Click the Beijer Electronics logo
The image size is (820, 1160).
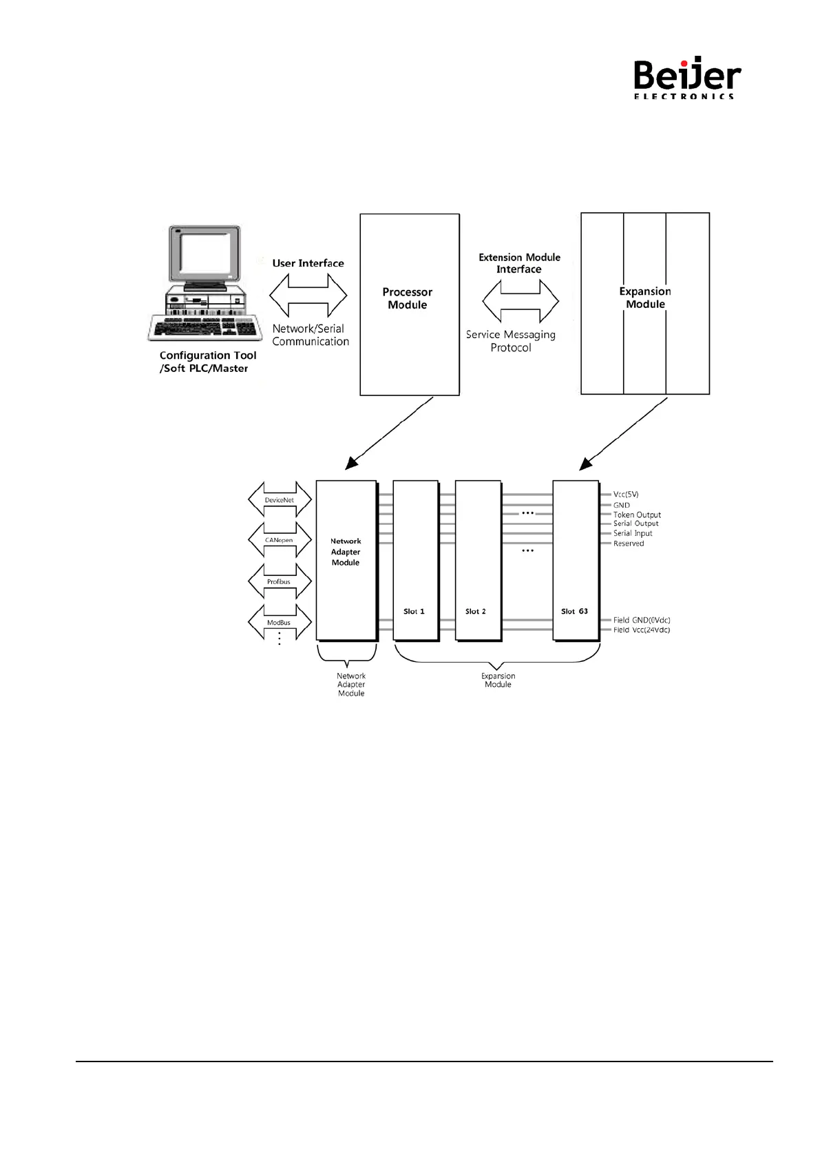pyautogui.click(x=686, y=78)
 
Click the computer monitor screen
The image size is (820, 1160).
pyautogui.click(x=204, y=254)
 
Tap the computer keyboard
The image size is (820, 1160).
pyautogui.click(x=206, y=327)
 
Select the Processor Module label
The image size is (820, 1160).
pyautogui.click(x=408, y=298)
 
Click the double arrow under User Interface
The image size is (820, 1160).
pyautogui.click(x=308, y=296)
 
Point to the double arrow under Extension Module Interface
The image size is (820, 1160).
pyautogui.click(x=521, y=301)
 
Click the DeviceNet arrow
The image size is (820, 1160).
pyautogui.click(x=280, y=499)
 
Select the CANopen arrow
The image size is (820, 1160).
pyautogui.click(x=280, y=540)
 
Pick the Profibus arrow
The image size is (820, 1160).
pyautogui.click(x=280, y=581)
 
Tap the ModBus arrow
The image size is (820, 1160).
pyautogui.click(x=280, y=622)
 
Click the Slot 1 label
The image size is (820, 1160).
pyautogui.click(x=414, y=612)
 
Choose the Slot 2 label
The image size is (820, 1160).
pyautogui.click(x=476, y=612)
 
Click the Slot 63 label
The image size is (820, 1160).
pyautogui.click(x=574, y=612)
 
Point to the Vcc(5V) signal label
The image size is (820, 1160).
pyautogui.click(x=626, y=495)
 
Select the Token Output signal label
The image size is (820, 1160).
pyautogui.click(x=637, y=515)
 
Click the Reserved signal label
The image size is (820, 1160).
pyautogui.click(x=629, y=543)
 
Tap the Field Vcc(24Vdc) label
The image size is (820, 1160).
pyautogui.click(x=642, y=630)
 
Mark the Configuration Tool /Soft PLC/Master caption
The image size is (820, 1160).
pyautogui.click(x=207, y=362)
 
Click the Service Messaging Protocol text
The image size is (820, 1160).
pyautogui.click(x=511, y=341)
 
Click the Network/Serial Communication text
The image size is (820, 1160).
pyautogui.click(x=310, y=335)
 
